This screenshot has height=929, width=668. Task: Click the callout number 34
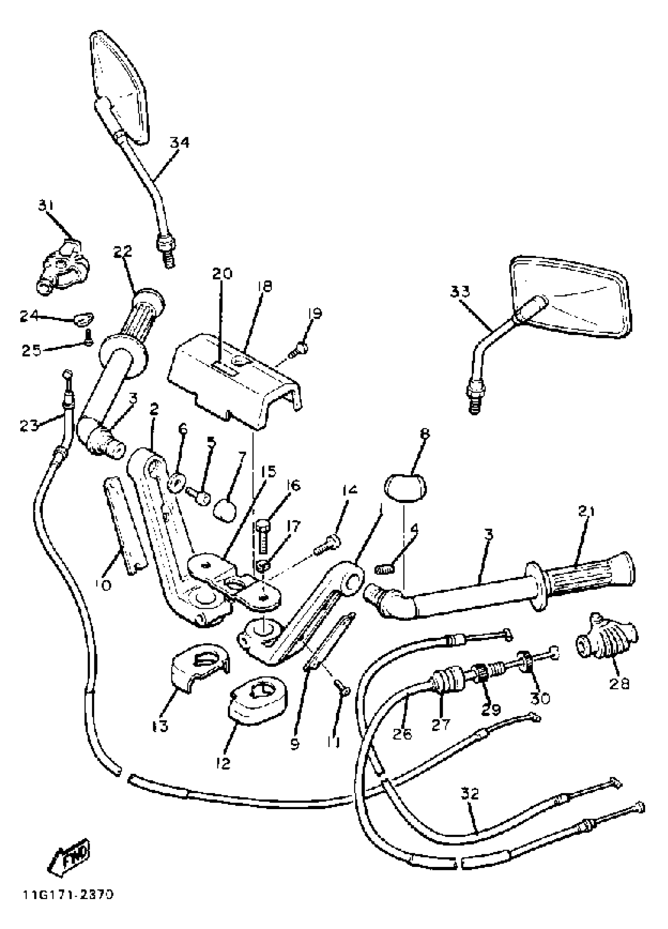(180, 143)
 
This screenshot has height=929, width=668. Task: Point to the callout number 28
(619, 683)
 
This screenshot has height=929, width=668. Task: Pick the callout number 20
(222, 273)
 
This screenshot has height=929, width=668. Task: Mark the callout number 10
(105, 585)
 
